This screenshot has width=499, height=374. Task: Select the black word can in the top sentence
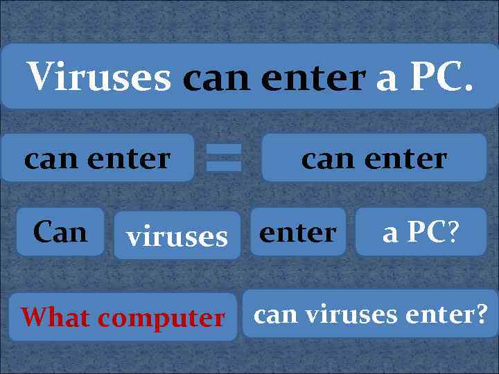coord(218,78)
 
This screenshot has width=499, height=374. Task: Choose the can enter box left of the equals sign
coord(97,158)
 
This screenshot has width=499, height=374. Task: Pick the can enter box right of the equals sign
coord(374,158)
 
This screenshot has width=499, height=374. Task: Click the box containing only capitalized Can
coord(60,231)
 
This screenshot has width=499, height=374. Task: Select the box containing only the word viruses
coord(177,236)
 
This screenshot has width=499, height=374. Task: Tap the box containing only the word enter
coord(298,231)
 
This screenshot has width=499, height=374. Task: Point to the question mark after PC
coord(453,232)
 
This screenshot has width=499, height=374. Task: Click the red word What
coord(55,317)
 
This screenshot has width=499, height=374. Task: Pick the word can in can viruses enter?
coord(277,315)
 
